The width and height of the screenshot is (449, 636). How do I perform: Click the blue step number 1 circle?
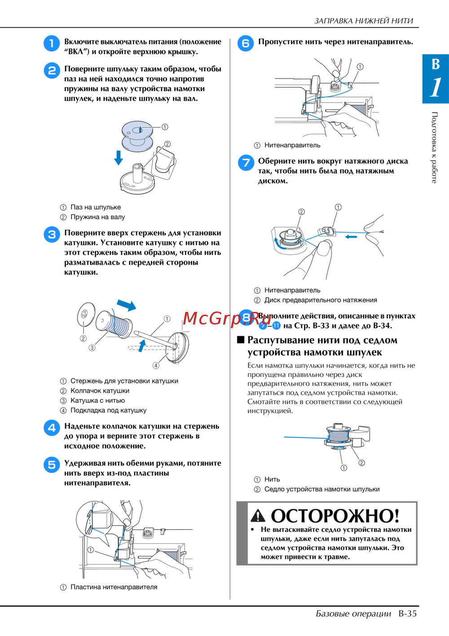point(52,44)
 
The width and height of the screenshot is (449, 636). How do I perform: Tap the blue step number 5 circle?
point(52,465)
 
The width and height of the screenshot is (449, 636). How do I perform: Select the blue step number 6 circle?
point(246,44)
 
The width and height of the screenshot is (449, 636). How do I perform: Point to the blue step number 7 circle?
point(246,163)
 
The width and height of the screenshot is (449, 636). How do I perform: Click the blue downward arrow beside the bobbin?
point(118,158)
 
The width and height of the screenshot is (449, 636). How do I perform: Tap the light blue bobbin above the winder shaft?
point(137,136)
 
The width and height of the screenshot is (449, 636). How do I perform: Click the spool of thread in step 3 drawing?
point(114,324)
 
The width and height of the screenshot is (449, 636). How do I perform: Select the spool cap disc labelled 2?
point(86,314)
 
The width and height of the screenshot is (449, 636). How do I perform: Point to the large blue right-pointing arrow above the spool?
point(127,305)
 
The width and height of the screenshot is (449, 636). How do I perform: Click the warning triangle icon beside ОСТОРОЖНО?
point(258,516)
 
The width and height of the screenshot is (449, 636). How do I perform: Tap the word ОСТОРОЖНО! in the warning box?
point(335,516)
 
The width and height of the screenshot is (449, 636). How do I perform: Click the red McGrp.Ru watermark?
point(227,319)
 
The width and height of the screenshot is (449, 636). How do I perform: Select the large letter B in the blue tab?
point(436,64)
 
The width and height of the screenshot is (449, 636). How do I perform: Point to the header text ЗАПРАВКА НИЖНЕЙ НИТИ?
point(364,21)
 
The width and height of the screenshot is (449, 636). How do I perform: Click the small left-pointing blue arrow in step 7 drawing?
point(351,236)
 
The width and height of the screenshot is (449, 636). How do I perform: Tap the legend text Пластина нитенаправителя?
point(114,587)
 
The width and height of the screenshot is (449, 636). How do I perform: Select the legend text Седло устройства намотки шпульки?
point(322,489)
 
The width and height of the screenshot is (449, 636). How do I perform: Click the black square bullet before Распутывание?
point(241,340)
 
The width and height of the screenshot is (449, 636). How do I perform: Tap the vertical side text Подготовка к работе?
point(434,147)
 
